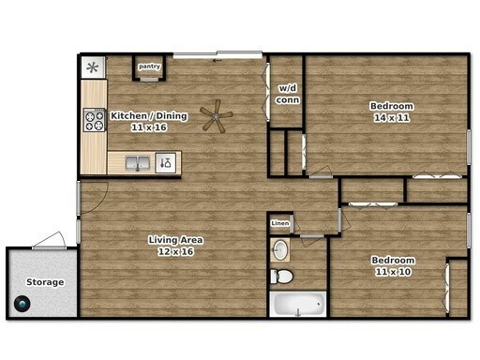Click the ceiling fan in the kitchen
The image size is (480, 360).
point(217,116)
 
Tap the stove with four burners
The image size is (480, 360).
point(95,119)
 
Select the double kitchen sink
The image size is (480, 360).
point(137,163)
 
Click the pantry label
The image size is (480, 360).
point(149,67)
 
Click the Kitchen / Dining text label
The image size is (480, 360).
point(149,116)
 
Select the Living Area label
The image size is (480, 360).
point(175,240)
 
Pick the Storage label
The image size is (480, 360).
point(45,282)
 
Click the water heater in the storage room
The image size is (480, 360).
point(23,305)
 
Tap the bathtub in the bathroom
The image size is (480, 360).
point(297,305)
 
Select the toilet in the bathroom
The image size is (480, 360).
point(281,276)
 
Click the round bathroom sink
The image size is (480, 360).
point(279,249)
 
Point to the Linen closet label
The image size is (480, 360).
point(279,224)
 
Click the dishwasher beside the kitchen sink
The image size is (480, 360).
point(166,163)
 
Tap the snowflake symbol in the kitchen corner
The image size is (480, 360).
point(92,67)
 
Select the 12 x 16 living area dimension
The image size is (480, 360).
point(175,251)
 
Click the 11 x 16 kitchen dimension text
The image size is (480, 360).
point(149,127)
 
